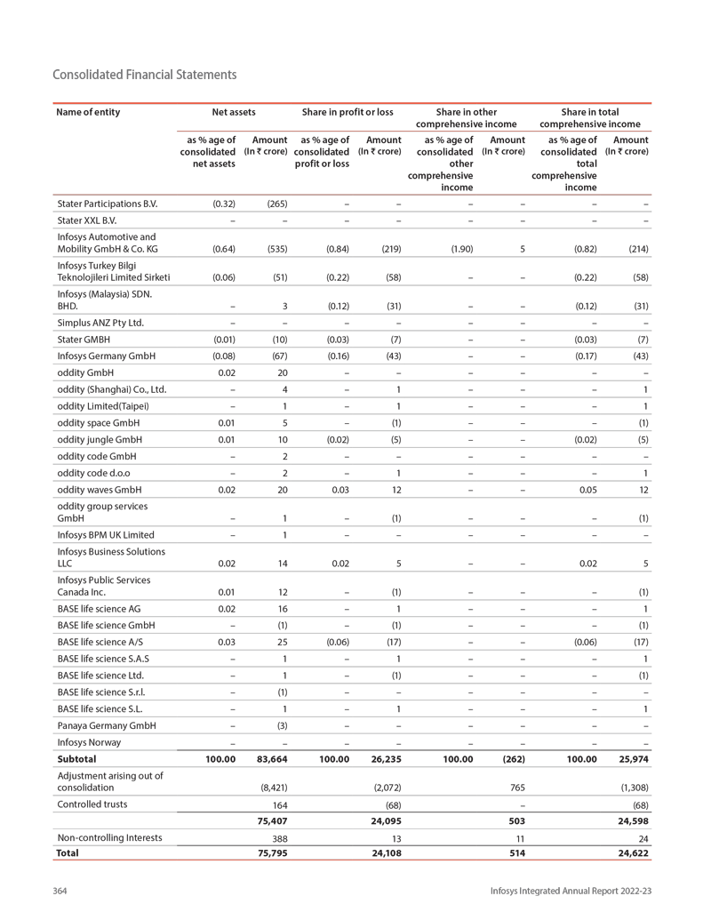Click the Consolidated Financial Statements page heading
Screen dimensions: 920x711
pos(145,75)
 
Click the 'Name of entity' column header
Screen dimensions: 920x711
pos(88,112)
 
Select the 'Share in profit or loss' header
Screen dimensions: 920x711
pos(348,112)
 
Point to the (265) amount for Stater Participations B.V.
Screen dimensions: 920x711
pos(276,204)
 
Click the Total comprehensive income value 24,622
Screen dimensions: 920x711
pos(630,853)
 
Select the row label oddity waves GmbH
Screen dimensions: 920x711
pos(100,490)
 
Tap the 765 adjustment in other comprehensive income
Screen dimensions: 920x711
pos(515,787)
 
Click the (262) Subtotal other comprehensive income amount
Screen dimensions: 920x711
pos(514,760)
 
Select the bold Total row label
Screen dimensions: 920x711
pos(68,853)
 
